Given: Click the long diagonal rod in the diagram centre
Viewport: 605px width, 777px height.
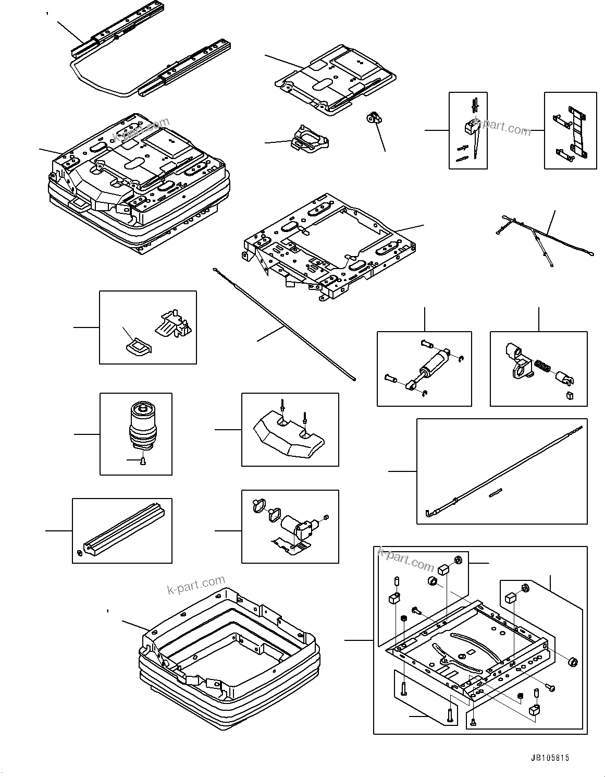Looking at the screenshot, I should click(x=284, y=325).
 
